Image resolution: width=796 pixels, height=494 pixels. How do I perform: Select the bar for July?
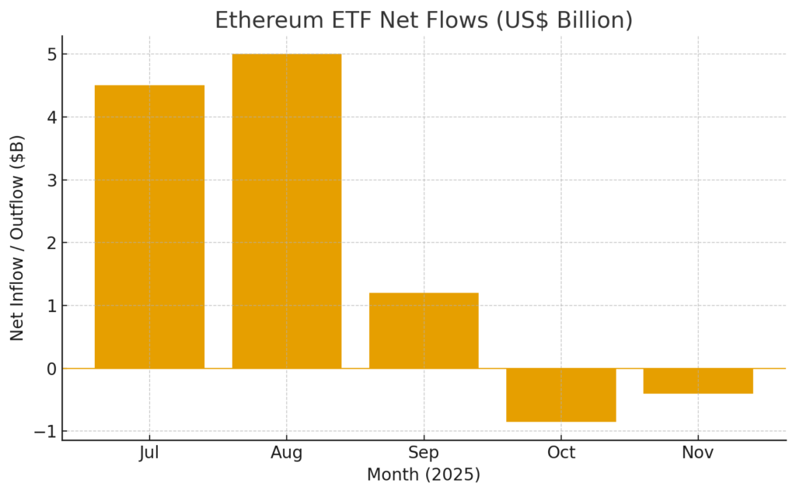tap(149, 226)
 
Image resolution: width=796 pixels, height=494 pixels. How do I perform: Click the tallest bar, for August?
tap(287, 211)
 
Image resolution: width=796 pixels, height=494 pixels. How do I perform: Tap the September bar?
tap(424, 331)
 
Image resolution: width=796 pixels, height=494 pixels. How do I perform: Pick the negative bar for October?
tap(560, 394)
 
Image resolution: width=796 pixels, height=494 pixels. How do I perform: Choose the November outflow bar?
tap(698, 380)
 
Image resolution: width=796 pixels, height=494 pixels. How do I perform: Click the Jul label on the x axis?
tap(149, 453)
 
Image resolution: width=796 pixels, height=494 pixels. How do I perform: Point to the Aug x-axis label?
tap(287, 453)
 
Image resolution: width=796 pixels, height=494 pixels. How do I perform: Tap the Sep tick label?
tap(424, 453)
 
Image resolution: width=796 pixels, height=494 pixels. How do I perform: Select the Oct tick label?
tap(560, 453)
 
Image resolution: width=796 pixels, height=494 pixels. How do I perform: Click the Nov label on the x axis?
tap(698, 453)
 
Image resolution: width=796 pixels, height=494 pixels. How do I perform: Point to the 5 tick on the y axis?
tap(51, 54)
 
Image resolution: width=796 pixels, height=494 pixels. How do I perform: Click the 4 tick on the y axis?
tap(51, 117)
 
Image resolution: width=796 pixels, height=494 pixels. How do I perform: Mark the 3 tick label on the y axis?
tap(51, 180)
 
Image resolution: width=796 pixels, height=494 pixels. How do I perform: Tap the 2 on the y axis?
tap(51, 243)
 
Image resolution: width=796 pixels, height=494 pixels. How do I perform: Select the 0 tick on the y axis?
tap(51, 369)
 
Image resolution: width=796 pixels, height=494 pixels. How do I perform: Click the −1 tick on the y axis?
tap(46, 431)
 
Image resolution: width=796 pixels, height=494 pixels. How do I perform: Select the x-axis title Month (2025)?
tap(424, 474)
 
